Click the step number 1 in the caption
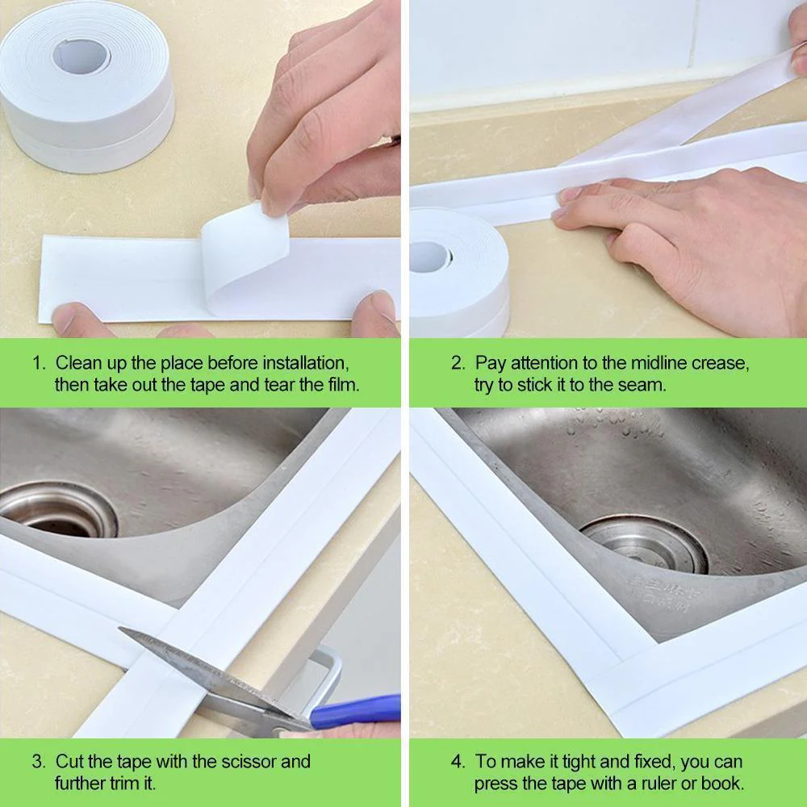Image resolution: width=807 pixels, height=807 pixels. point(38,363)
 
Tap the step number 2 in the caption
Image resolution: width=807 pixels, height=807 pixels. point(457,363)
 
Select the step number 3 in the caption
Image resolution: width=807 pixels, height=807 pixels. point(38,761)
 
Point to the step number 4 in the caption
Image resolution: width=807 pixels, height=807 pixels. point(457,761)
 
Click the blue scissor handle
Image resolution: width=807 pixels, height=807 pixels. point(355,712)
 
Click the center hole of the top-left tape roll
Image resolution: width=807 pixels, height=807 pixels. point(81,56)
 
